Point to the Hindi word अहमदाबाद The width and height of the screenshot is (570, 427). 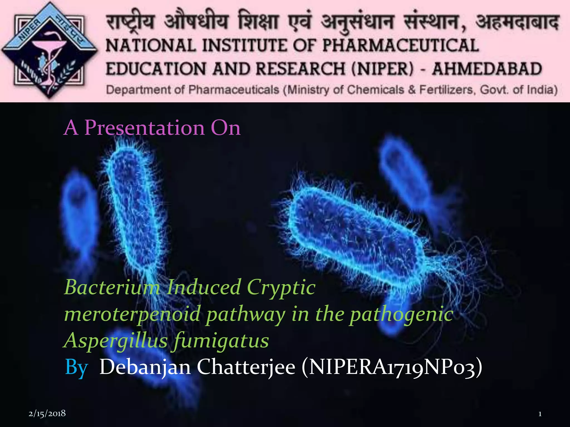[517, 22]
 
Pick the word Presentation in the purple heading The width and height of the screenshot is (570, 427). [144, 128]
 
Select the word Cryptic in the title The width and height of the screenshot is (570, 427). [281, 287]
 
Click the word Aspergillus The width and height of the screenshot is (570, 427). [116, 341]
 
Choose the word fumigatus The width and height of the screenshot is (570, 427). [221, 341]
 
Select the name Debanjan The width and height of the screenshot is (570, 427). [145, 367]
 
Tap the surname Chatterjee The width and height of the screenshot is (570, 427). [246, 367]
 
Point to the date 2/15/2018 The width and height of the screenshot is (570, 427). [47, 413]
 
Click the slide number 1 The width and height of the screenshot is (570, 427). [540, 414]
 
